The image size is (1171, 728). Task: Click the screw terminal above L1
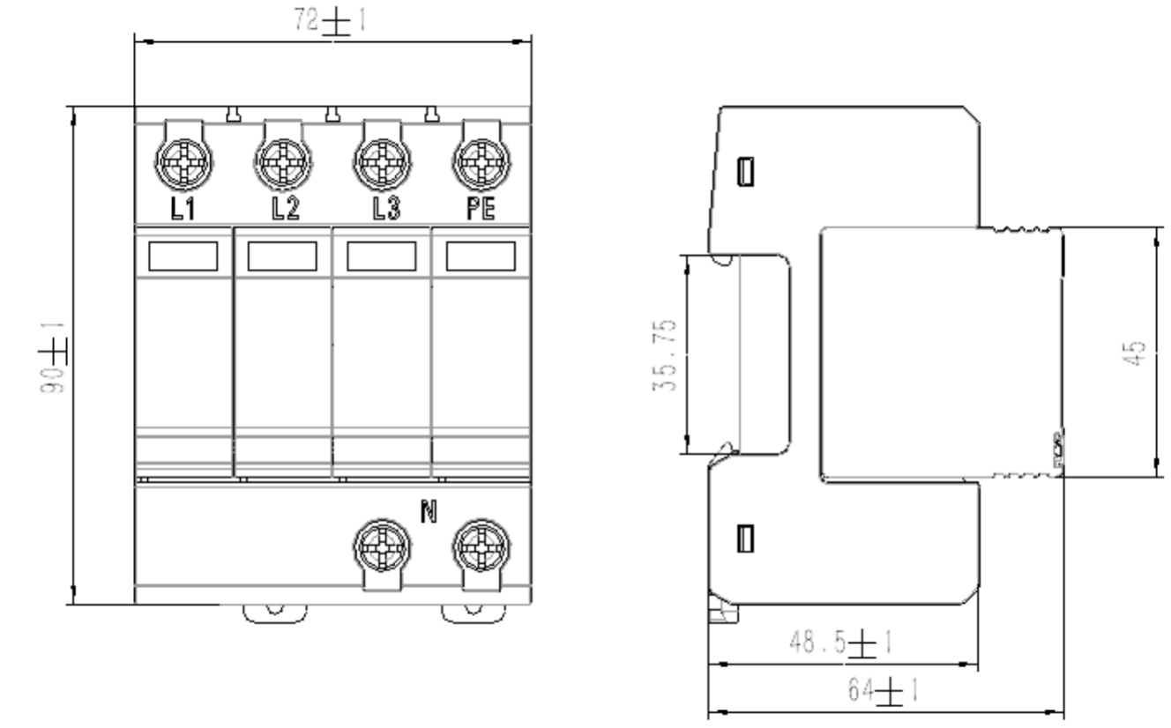(x=183, y=164)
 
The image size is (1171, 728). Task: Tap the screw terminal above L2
(x=282, y=164)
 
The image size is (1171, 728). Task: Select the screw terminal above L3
(x=381, y=164)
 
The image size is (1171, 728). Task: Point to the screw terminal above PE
(x=481, y=164)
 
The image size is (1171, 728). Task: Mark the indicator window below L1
(x=183, y=256)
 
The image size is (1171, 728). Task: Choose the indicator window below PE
(x=481, y=256)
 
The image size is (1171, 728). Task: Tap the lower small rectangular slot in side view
(x=745, y=535)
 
